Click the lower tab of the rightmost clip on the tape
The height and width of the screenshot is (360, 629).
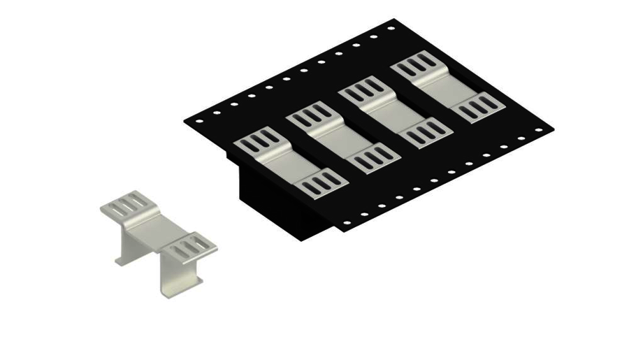click(x=478, y=108)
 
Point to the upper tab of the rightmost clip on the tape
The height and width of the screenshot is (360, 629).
click(x=417, y=68)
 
